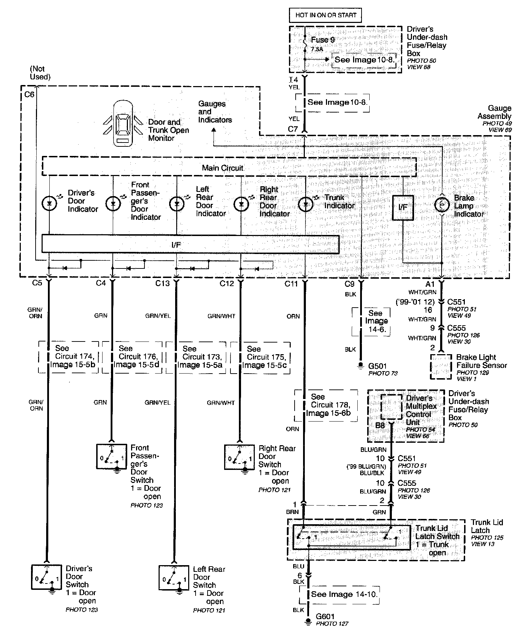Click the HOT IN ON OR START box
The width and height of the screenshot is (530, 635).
pos(326,15)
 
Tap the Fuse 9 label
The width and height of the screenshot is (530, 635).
pos(322,40)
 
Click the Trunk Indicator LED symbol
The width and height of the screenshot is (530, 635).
pos(305,204)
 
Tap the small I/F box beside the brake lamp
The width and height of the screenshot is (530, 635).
pos(403,207)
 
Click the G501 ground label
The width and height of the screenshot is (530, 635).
pos(377,367)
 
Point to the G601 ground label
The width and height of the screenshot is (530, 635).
pos(325,616)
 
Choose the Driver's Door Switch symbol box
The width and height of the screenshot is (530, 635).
pos(46,577)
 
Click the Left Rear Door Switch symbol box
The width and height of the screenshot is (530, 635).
pos(174,578)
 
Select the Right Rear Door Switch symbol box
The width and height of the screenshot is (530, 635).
pos(240,457)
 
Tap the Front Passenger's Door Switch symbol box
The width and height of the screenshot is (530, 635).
pos(111,456)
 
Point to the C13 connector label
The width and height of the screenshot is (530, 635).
pos(162,283)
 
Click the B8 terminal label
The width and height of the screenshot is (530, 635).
pos(380,425)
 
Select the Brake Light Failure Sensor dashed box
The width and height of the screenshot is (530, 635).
pos(440,367)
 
